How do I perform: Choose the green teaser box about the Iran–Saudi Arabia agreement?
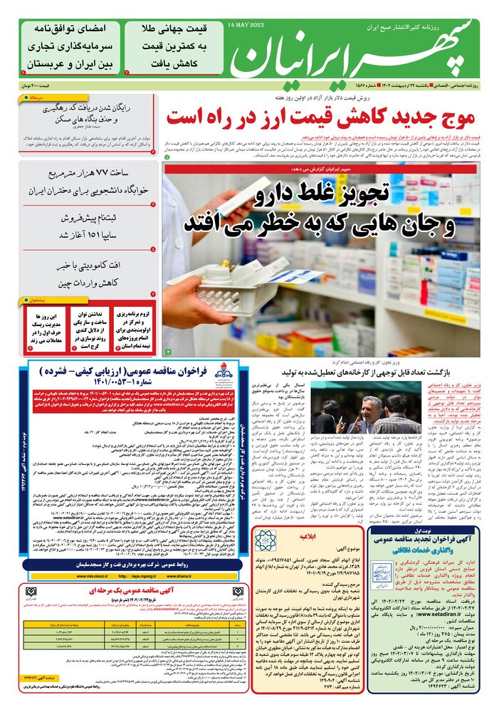pos(70,46)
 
